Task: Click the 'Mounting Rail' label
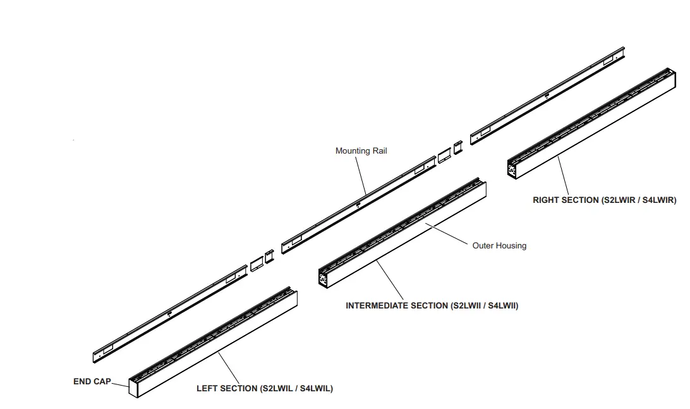[x=361, y=151]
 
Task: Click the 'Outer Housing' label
[x=499, y=245]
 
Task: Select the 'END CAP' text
[x=92, y=382]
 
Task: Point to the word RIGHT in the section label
[x=547, y=200]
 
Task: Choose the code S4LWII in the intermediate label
[x=502, y=306]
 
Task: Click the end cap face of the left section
[x=133, y=388]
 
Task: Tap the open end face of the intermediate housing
[x=324, y=279]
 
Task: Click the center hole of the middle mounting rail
[x=358, y=204]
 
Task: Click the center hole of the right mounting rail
[x=547, y=95]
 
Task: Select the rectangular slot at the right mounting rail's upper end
[x=608, y=61]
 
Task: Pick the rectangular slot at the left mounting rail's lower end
[x=105, y=350]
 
